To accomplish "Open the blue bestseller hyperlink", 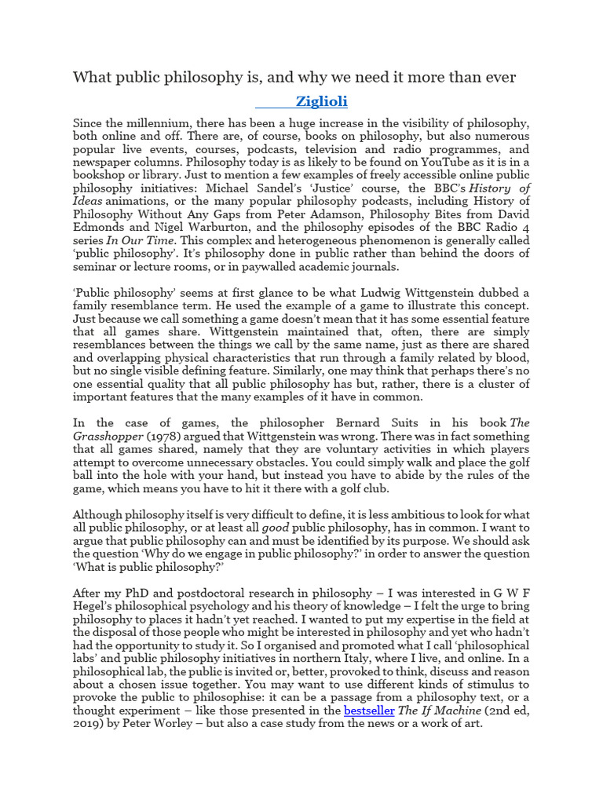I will click(x=369, y=711).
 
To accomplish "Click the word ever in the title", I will click(x=497, y=77).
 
